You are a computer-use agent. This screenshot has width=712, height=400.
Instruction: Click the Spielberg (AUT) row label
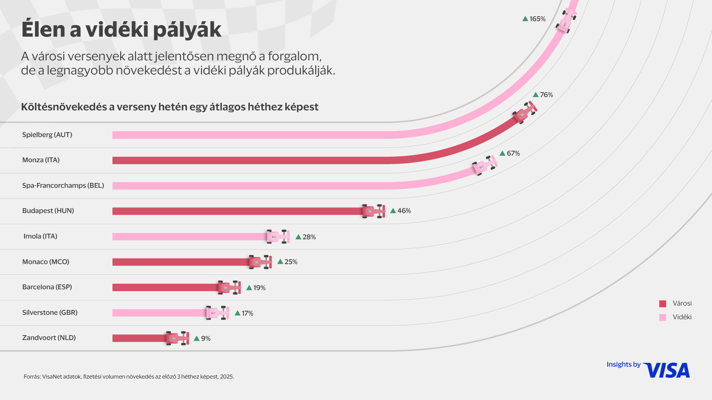click(x=47, y=135)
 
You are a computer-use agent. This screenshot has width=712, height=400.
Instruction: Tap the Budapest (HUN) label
click(x=48, y=211)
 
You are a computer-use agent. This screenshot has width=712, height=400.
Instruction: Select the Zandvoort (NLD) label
click(x=49, y=338)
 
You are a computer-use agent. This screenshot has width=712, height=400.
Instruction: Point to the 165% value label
click(x=537, y=19)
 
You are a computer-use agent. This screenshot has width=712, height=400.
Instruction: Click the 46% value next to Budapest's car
click(x=404, y=211)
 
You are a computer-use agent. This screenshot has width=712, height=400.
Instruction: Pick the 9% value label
click(x=205, y=339)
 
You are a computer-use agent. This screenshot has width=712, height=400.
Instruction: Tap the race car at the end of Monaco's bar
click(x=260, y=262)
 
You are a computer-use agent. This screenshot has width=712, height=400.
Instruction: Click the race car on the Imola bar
click(x=278, y=237)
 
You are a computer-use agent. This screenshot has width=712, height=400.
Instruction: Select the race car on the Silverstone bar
click(x=217, y=313)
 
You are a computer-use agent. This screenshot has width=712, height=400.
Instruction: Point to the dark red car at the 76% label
click(x=524, y=113)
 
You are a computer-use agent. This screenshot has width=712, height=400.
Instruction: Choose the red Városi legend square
click(x=663, y=304)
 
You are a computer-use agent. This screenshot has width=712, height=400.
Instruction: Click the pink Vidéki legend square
click(x=663, y=317)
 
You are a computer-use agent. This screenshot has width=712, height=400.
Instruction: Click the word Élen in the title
click(x=43, y=30)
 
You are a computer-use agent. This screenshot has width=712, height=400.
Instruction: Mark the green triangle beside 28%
click(x=298, y=237)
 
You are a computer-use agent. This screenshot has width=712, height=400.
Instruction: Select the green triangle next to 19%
click(x=249, y=288)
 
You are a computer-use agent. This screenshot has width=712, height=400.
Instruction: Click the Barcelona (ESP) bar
click(x=165, y=287)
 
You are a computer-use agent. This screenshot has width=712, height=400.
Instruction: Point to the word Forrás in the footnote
click(x=32, y=377)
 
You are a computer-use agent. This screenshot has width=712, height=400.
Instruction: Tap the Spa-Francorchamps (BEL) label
click(x=63, y=186)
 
